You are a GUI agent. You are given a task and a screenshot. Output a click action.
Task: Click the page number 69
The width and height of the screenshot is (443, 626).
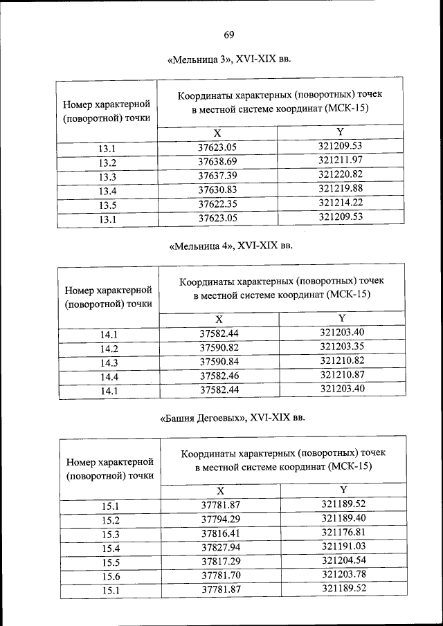228,35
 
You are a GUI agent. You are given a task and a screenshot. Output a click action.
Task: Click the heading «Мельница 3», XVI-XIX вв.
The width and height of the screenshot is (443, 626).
229,61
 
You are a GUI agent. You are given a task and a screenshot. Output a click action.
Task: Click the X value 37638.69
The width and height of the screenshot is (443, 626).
217,161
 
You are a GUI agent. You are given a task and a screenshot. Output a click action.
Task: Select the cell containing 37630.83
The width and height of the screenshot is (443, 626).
217,190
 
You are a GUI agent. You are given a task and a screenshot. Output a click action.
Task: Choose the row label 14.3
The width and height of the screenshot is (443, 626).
109,362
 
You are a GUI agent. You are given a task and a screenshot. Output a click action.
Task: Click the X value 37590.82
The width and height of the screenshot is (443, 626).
219,347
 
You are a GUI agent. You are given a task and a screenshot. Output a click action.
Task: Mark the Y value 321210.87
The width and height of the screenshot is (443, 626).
341,375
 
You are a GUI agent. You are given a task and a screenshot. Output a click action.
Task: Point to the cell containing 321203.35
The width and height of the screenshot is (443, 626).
341,347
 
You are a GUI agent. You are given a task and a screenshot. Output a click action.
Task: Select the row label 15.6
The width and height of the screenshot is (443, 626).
111,576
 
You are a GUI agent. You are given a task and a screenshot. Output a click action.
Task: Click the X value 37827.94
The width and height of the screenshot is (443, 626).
220,547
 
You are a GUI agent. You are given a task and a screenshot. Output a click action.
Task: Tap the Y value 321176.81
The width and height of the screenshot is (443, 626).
343,533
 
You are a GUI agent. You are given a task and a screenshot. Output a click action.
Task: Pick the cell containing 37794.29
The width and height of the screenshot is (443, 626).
220,519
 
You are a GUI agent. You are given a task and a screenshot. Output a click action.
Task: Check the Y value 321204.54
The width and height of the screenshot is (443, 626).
343,561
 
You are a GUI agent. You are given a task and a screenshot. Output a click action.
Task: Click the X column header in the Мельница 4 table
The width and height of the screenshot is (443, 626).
219,319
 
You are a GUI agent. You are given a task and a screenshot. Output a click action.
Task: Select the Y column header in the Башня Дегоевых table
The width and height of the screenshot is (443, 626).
343,489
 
